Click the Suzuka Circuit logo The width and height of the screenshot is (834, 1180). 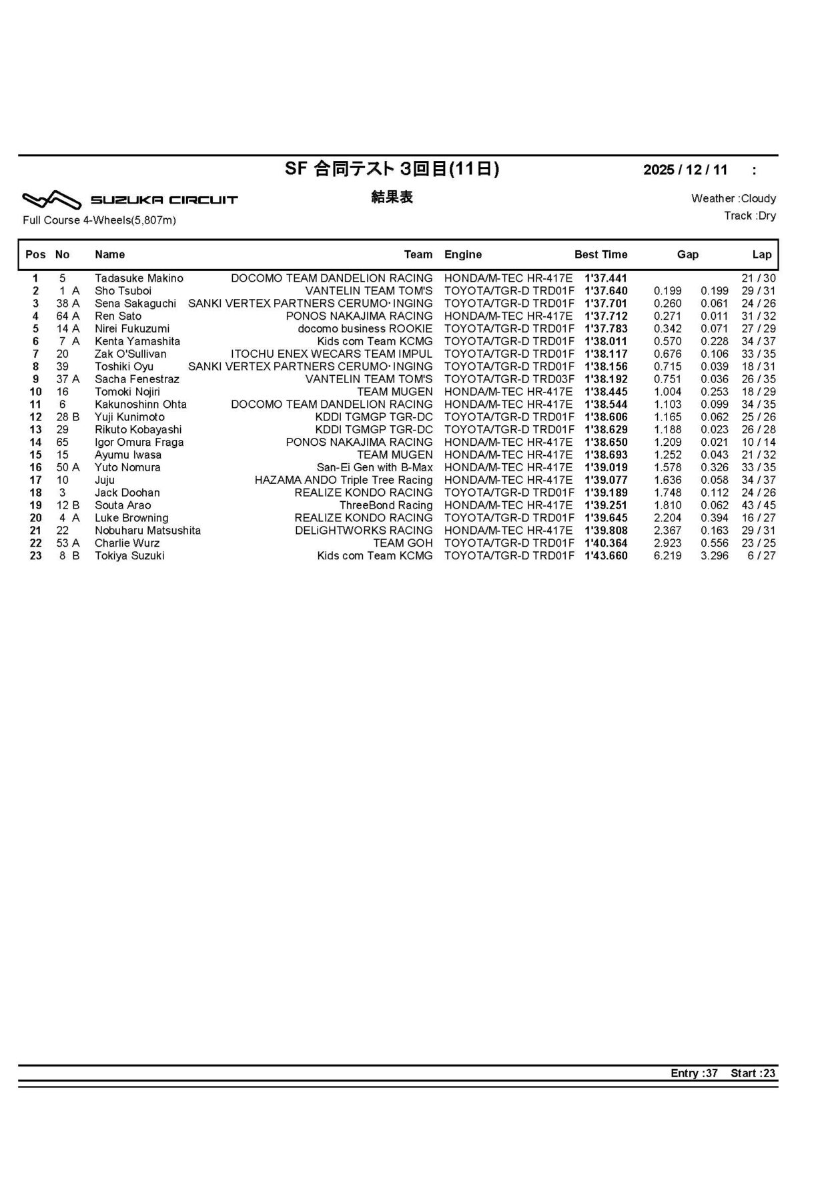click(x=130, y=199)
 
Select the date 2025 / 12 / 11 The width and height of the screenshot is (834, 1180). click(x=685, y=170)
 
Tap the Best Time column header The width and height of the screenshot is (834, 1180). click(x=600, y=254)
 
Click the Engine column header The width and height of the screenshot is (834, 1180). click(x=463, y=254)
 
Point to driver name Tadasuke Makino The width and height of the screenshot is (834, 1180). click(x=139, y=278)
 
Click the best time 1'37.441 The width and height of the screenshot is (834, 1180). click(x=606, y=278)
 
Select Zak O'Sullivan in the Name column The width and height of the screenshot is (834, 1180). click(x=131, y=354)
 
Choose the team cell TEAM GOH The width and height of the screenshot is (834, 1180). click(x=403, y=543)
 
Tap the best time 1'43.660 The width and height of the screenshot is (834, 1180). click(x=606, y=556)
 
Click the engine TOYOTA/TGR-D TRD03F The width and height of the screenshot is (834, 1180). click(x=509, y=379)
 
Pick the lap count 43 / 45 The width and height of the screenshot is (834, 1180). click(x=759, y=505)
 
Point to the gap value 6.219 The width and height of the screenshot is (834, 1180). click(x=668, y=556)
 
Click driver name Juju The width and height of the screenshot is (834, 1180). click(x=105, y=480)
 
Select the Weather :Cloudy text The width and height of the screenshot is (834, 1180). click(x=733, y=198)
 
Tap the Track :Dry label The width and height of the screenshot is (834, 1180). click(x=750, y=216)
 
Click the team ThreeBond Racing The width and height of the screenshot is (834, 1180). click(x=386, y=505)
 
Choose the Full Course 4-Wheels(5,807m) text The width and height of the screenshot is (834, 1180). click(x=99, y=220)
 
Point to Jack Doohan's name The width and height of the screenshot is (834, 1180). click(x=127, y=493)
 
